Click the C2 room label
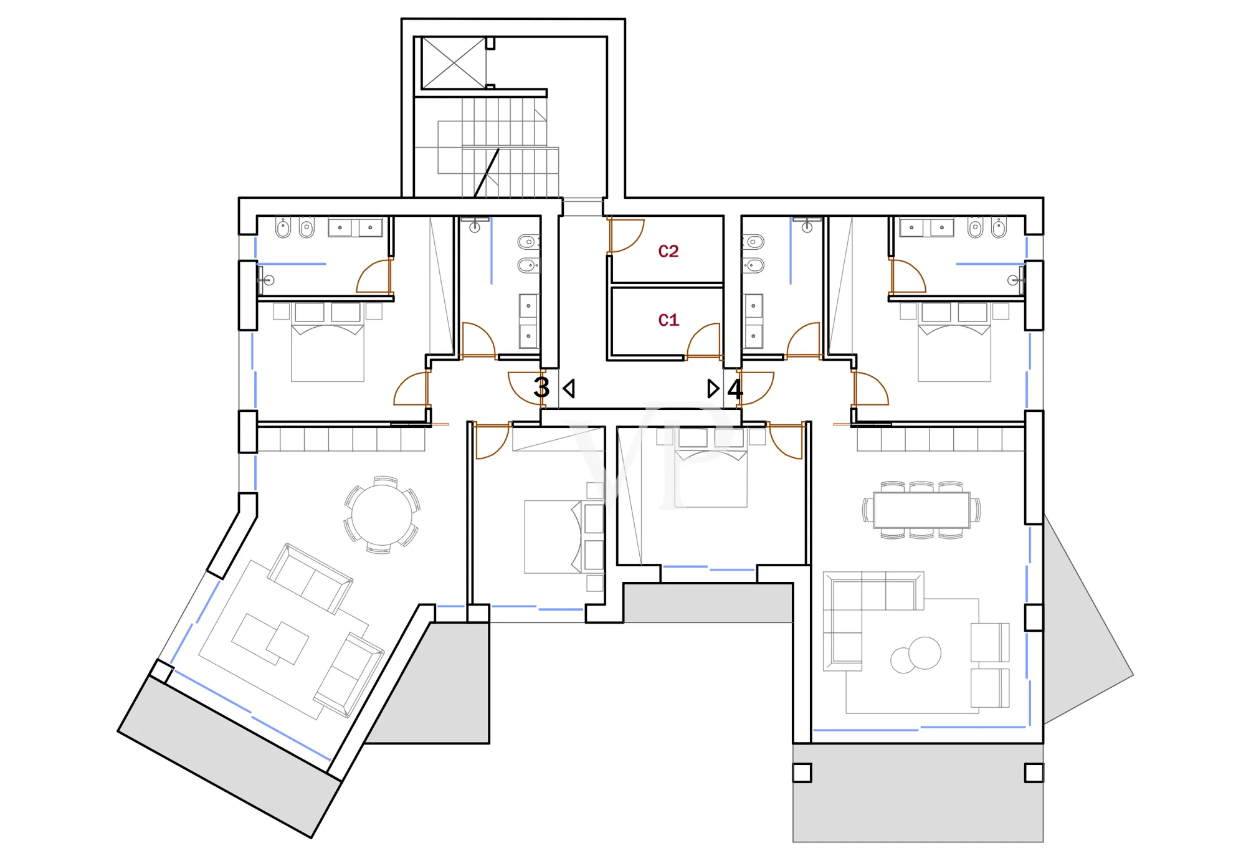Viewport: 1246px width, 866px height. pos(668,251)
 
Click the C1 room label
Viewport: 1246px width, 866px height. pos(668,320)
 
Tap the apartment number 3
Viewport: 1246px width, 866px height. pos(541,388)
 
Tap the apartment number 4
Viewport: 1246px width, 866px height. pos(735,389)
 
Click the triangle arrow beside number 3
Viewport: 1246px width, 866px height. pos(569,389)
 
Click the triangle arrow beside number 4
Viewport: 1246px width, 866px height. pos(713,389)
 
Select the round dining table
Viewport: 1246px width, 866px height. pos(382,515)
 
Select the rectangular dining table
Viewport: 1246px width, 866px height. pos(921,510)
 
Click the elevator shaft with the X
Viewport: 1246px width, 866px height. pos(454,63)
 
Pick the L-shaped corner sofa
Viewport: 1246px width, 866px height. pos(872,620)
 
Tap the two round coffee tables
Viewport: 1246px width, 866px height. pos(916,655)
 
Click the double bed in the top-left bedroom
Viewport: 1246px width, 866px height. pos(328,342)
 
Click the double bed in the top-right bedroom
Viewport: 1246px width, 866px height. pos(954,342)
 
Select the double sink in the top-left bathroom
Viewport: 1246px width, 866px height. pos(355,227)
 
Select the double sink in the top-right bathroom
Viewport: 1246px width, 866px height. pos(926,227)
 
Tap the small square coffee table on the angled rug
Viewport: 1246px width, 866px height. pos(287,643)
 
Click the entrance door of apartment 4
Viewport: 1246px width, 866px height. pos(756,388)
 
